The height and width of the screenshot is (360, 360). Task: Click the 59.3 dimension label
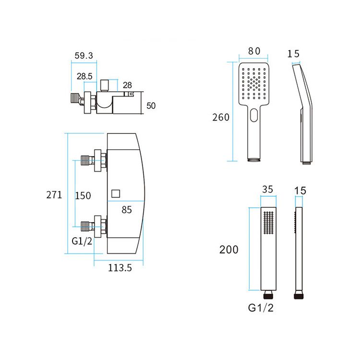84,56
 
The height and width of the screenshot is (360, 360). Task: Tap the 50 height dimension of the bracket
151,106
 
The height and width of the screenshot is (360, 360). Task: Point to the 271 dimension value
54,195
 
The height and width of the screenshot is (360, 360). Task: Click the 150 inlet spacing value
83,195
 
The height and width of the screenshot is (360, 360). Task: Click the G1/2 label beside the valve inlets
82,241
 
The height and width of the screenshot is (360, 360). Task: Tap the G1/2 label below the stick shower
262,308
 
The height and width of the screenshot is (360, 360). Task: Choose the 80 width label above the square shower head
254,51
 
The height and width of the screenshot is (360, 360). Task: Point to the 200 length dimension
229,250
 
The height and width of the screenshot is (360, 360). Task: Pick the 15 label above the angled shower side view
293,54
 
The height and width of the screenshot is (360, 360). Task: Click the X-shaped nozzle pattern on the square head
254,81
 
